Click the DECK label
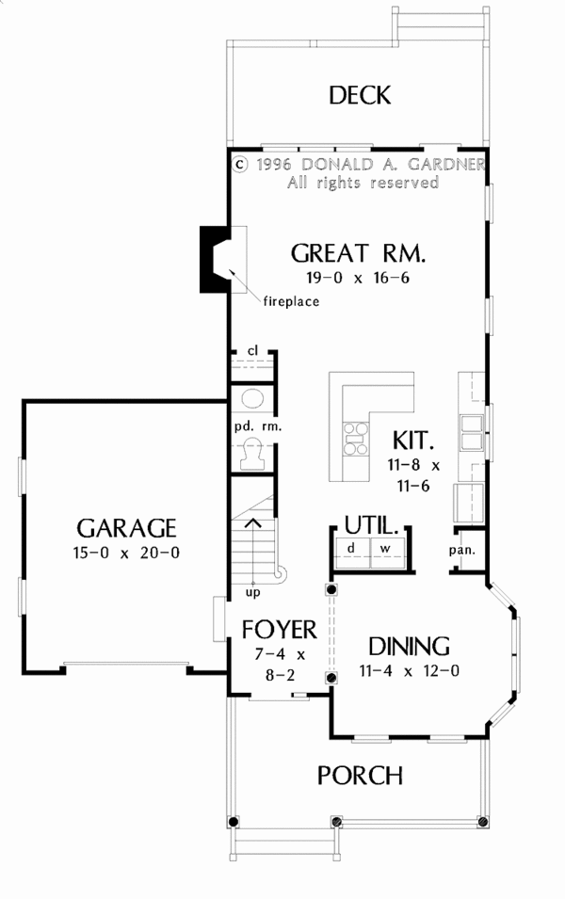(x=359, y=95)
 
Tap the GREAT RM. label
(x=358, y=253)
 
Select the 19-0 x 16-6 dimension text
(x=358, y=278)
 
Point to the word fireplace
(x=291, y=302)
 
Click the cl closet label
(x=252, y=351)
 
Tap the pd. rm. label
(x=252, y=425)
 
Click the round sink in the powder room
(x=252, y=396)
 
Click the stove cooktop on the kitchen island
(x=355, y=438)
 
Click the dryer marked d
(x=351, y=548)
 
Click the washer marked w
(x=386, y=548)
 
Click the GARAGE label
(x=126, y=526)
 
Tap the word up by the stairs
(x=253, y=592)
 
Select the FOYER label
(x=279, y=628)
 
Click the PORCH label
(x=360, y=776)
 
